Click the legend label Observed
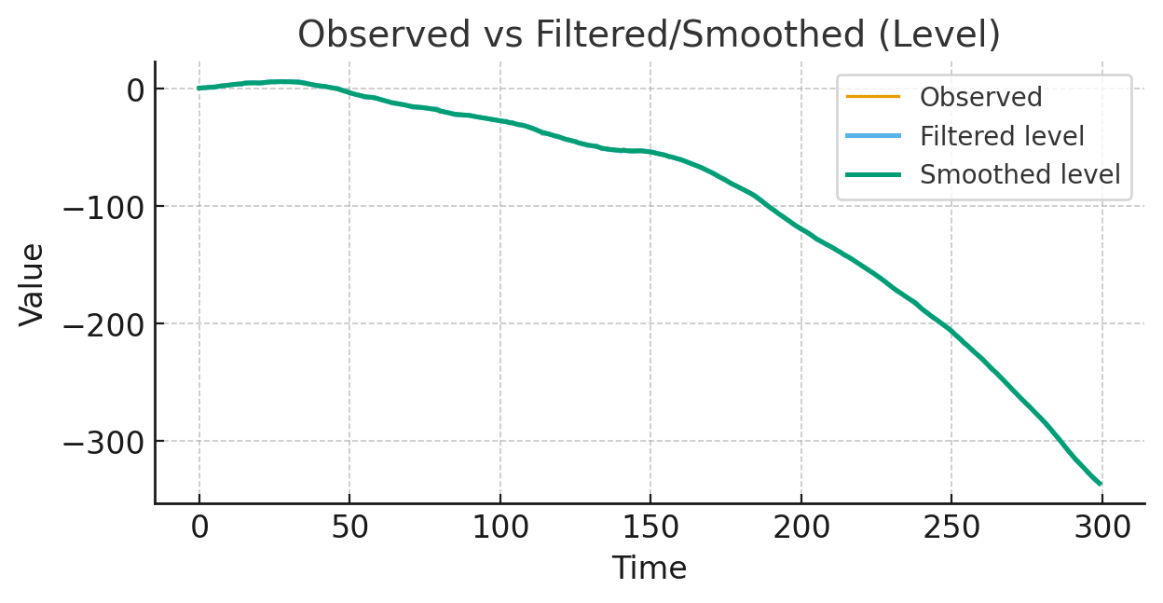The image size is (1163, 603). click(980, 97)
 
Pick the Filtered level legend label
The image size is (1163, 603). click(1002, 136)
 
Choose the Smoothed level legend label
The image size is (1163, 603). click(1019, 174)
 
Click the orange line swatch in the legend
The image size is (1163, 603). click(873, 97)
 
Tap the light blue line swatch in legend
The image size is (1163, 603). click(873, 136)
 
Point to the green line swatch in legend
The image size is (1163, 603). click(873, 174)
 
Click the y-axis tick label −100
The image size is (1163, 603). click(101, 207)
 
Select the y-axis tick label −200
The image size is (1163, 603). click(101, 324)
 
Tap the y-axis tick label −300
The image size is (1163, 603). click(101, 442)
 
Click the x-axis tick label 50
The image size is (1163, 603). click(349, 528)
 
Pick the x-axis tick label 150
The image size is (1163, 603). click(650, 528)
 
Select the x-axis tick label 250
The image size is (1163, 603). click(951, 528)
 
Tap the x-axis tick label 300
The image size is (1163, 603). click(1102, 528)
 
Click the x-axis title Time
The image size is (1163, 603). click(649, 569)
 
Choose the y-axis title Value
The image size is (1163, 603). click(33, 284)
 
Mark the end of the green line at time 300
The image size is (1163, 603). click(1101, 484)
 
